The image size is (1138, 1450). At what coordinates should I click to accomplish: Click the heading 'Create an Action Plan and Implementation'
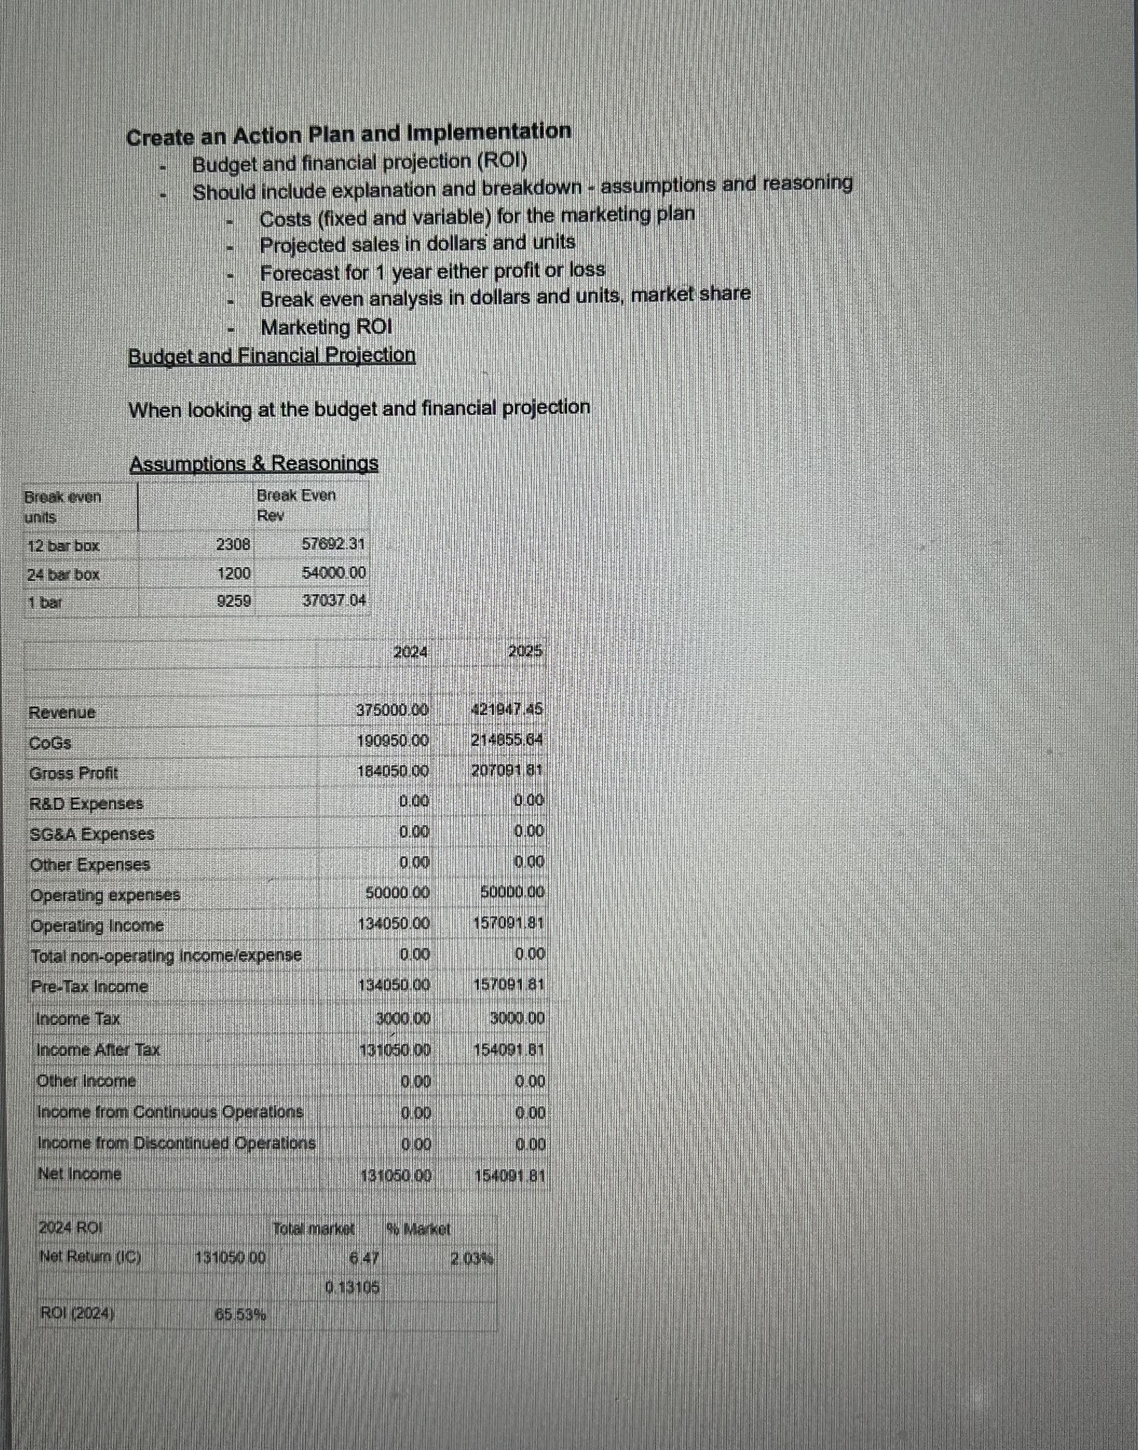tap(349, 134)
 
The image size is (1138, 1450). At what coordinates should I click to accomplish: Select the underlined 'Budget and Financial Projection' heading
tap(272, 356)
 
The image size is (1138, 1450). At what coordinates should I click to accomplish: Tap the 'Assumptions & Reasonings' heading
tap(254, 463)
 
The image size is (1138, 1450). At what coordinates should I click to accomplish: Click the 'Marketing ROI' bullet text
tap(326, 328)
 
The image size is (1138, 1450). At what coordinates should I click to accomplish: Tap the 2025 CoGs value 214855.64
tap(507, 741)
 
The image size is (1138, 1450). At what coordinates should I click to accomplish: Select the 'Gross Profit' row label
tap(73, 773)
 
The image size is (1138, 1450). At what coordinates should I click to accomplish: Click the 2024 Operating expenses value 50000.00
tap(397, 893)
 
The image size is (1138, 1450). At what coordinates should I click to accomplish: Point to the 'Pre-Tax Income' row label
tap(89, 986)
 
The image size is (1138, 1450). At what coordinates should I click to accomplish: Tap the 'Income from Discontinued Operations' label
tap(176, 1143)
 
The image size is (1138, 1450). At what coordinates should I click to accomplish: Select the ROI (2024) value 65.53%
tap(241, 1315)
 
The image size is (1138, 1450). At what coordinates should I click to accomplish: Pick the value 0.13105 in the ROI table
tap(353, 1287)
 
